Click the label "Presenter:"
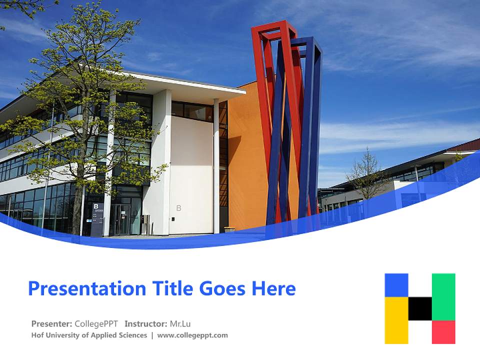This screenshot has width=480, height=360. coord(52,323)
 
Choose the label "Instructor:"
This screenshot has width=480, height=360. coord(146,323)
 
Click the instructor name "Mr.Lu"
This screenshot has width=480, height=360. coord(180,323)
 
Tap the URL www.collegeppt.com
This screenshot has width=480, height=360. coord(192,335)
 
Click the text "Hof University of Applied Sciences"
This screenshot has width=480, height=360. coord(89,335)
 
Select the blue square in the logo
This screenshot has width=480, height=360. coord(396,285)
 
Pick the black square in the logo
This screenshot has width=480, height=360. coord(420,308)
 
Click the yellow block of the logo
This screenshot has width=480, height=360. coord(396,320)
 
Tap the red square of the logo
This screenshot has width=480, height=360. coord(443,332)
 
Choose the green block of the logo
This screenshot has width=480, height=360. coord(443,296)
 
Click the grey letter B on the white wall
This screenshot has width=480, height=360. coord(178,208)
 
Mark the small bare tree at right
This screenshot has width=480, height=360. coord(367,175)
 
